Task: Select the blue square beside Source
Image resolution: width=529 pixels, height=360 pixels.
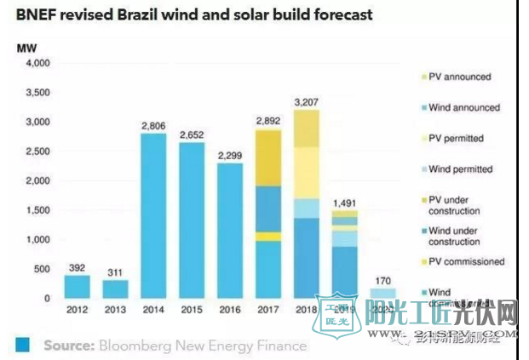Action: (x=23, y=346)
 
